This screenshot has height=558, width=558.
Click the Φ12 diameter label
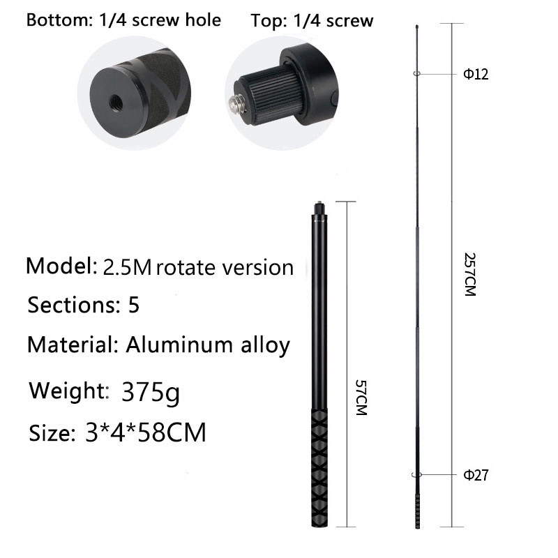tap(476, 74)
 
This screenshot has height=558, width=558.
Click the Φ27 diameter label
tap(476, 475)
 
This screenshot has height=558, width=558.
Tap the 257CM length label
tap(470, 274)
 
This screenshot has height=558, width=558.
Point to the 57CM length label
tap(361, 398)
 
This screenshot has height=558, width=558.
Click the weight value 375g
tap(151, 392)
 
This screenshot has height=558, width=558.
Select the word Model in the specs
tap(61, 266)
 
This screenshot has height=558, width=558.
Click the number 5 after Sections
tap(134, 305)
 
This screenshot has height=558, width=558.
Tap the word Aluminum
tap(180, 345)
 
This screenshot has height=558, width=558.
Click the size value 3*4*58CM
tap(146, 432)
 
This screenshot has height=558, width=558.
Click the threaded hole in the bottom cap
tap(116, 103)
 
